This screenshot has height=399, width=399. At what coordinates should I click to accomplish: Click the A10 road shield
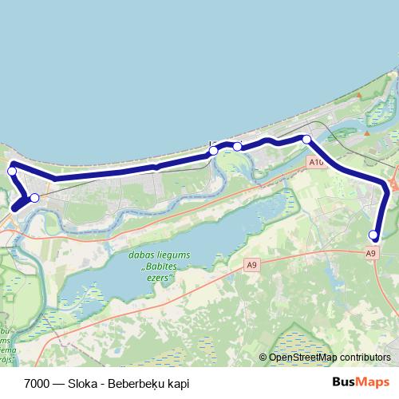[316, 163]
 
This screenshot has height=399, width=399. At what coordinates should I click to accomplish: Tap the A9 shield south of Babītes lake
[252, 265]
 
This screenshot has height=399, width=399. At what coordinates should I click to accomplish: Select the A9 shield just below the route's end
[370, 253]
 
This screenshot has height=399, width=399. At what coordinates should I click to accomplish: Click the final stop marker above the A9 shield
[373, 235]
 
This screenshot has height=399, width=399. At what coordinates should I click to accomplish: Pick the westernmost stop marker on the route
[12, 172]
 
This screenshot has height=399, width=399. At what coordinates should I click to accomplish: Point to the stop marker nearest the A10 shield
[306, 140]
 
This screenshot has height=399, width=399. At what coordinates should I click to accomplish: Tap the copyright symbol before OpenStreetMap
[263, 358]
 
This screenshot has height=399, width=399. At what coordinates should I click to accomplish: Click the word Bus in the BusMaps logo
[342, 382]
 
